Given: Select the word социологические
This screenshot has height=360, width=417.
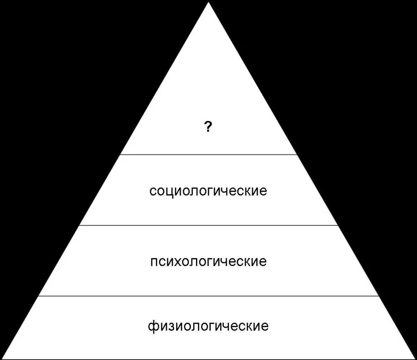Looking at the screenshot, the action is tap(208, 191).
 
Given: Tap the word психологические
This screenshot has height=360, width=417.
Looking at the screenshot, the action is tap(208, 261).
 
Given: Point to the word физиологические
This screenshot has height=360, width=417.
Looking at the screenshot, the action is tap(208, 326).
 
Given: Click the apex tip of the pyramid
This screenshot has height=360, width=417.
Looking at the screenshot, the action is tap(208, 2).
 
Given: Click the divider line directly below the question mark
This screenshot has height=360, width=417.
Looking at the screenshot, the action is tap(208, 154).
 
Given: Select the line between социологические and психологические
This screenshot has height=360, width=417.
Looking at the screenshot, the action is tap(208, 225).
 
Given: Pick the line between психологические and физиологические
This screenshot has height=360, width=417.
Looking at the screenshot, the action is tap(208, 296).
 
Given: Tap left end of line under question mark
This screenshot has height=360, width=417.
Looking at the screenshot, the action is tap(121, 154).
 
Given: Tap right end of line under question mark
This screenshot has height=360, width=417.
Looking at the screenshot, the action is tap(296, 154).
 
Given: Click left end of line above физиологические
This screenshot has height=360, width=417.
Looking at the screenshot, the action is tap(38, 296).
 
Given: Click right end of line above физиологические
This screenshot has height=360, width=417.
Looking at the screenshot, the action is tap(379, 296).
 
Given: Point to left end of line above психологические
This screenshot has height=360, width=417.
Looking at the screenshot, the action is tap(80, 225).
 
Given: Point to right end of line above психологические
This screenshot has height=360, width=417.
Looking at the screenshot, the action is tap(337, 225).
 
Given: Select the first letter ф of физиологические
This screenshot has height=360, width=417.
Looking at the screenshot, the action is tap(152, 326).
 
